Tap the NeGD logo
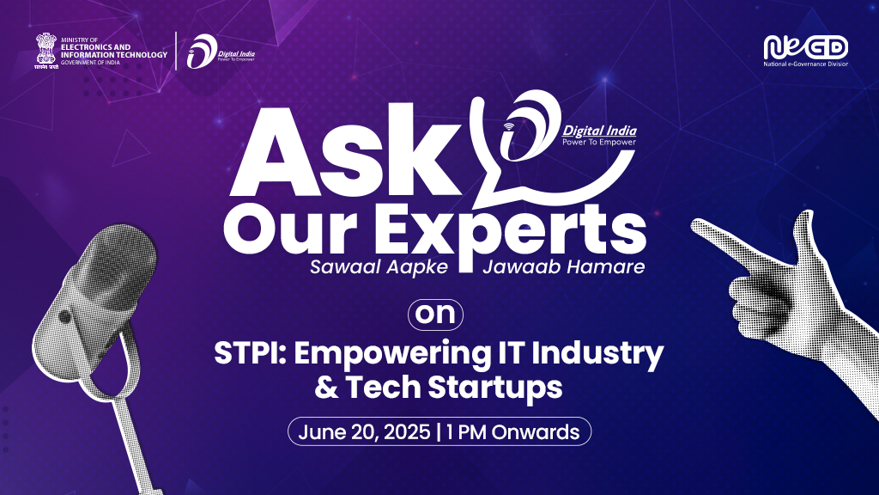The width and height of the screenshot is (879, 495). [805, 47]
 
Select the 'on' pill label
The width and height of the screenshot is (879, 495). [435, 315]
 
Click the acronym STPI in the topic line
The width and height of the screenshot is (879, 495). [250, 353]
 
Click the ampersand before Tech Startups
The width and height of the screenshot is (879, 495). [326, 388]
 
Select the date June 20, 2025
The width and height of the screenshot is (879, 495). [364, 432]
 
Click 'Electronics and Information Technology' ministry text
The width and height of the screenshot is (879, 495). [114, 51]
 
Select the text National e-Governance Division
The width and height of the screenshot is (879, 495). [805, 64]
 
